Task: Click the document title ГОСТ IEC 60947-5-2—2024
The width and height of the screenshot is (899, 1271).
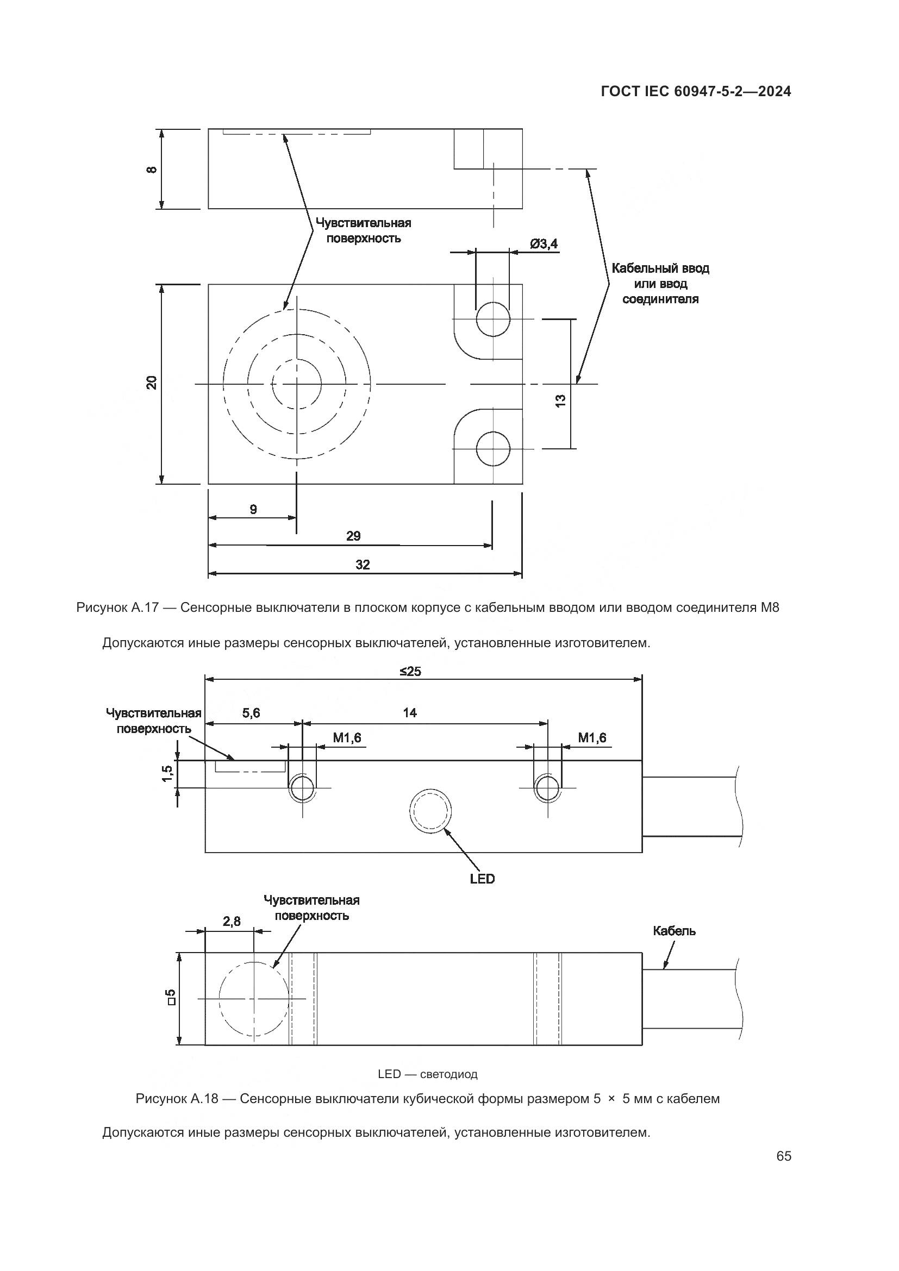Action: [695, 92]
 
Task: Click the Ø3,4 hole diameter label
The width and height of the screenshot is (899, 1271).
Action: [544, 243]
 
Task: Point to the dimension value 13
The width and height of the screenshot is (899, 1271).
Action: [560, 401]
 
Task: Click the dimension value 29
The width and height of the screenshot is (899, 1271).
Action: [353, 536]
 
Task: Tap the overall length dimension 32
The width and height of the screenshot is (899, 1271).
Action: [363, 565]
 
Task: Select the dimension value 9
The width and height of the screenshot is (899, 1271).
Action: [253, 509]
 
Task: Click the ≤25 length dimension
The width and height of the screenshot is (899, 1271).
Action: [410, 672]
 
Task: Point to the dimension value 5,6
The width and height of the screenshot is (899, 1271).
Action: [251, 713]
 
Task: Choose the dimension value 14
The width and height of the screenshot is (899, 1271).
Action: [410, 713]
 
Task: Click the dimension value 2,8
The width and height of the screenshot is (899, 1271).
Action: [232, 921]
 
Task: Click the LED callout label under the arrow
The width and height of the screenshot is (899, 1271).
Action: [482, 879]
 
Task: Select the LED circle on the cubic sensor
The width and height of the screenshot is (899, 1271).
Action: [429, 812]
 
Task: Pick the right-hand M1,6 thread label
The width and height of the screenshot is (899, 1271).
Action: [592, 738]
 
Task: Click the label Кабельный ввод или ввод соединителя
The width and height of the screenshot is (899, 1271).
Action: [660, 284]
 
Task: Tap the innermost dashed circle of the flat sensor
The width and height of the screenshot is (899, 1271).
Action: [296, 384]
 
